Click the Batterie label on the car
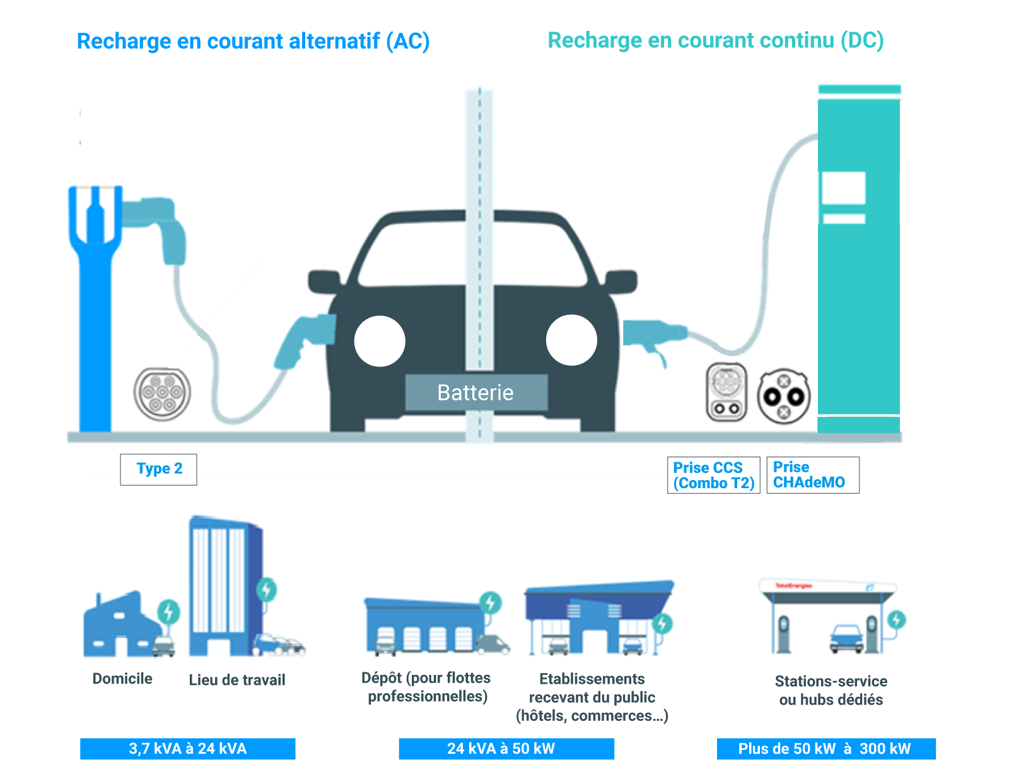tap(476, 392)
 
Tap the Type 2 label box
tap(158, 469)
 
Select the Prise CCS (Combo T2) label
tap(713, 475)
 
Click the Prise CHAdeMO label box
tap(812, 475)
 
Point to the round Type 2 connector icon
tap(162, 394)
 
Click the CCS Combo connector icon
tap(726, 392)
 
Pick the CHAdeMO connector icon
tap(783, 396)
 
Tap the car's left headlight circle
tap(380, 341)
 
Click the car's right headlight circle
tap(571, 340)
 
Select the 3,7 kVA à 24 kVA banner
tap(187, 749)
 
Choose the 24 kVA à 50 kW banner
tap(506, 749)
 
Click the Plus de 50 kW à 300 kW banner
tap(825, 749)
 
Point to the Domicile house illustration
tap(123, 626)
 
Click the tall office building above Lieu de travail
tap(224, 583)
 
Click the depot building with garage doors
tap(426, 626)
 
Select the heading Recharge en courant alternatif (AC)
tap(253, 42)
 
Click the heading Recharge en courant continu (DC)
tap(715, 40)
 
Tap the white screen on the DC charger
tap(843, 187)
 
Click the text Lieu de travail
tap(237, 680)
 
